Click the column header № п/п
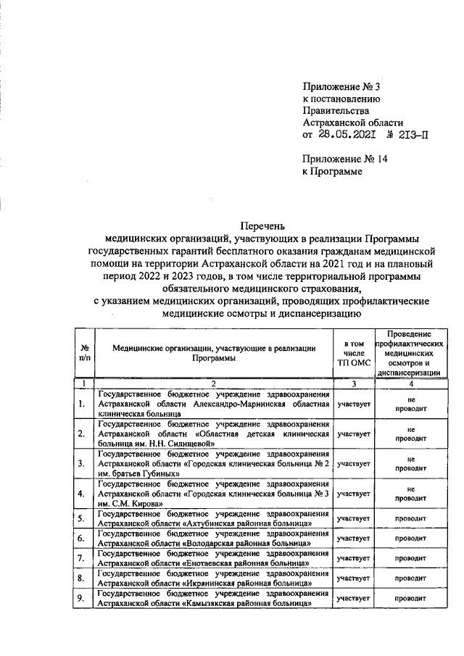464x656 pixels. click(85, 352)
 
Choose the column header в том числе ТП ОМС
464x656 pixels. click(353, 352)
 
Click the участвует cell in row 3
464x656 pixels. click(353, 463)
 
